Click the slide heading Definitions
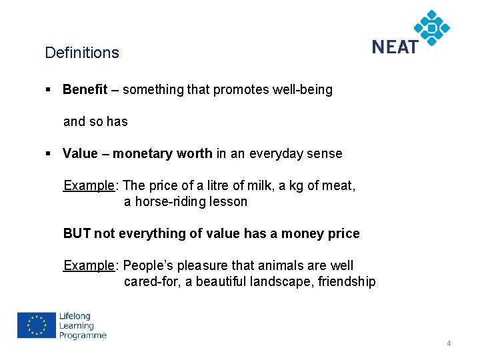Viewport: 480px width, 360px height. pyautogui.click(x=82, y=53)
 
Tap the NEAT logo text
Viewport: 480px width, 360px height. pyautogui.click(x=395, y=47)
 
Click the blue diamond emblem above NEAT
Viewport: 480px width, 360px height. pyautogui.click(x=431, y=27)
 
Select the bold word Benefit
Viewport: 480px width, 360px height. pyautogui.click(x=85, y=89)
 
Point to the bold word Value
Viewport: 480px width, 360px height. pyautogui.click(x=80, y=153)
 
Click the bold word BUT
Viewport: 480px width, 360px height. pyautogui.click(x=77, y=233)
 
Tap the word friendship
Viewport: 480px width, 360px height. pyautogui.click(x=347, y=281)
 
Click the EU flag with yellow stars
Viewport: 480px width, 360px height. pyautogui.click(x=36, y=326)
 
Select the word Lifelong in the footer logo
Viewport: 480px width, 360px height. pyautogui.click(x=75, y=317)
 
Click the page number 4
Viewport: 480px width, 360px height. pyautogui.click(x=449, y=343)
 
